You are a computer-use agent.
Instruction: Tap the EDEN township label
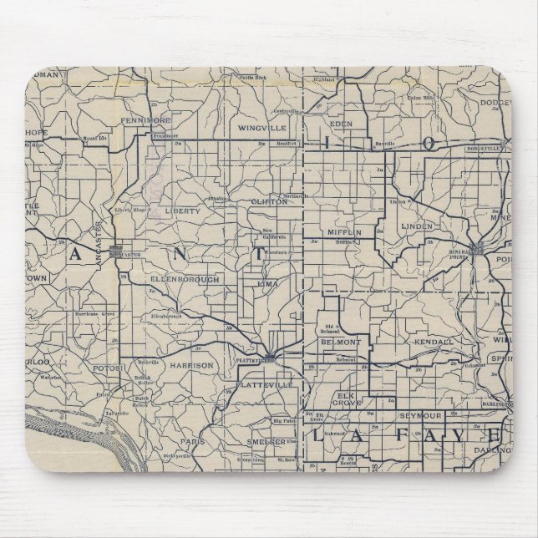click(343, 124)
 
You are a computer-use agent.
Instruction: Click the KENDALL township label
click(434, 343)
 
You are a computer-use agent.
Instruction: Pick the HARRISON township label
click(191, 365)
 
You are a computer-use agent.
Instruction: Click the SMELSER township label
click(266, 440)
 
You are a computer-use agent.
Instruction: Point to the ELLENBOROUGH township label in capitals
click(186, 279)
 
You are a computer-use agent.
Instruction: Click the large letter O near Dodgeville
click(428, 144)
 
